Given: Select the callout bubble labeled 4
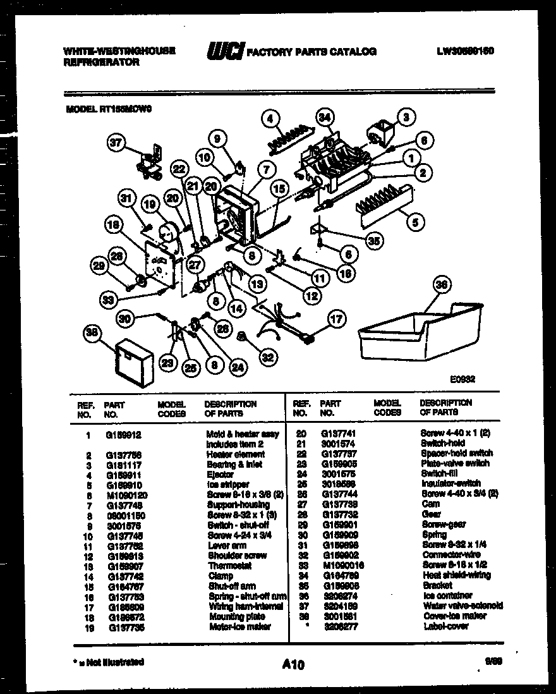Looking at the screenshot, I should [x=270, y=118].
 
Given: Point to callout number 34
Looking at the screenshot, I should [x=325, y=118].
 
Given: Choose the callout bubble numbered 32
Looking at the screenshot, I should [x=268, y=358].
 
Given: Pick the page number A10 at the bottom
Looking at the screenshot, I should [x=293, y=664].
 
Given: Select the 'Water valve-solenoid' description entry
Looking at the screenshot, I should [x=462, y=606].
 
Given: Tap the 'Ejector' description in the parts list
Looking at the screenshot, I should [x=221, y=474].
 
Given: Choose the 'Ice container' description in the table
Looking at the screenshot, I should [x=447, y=595].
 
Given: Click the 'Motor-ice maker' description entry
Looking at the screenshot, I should [x=239, y=626].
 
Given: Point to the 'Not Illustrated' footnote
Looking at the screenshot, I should [x=107, y=662].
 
